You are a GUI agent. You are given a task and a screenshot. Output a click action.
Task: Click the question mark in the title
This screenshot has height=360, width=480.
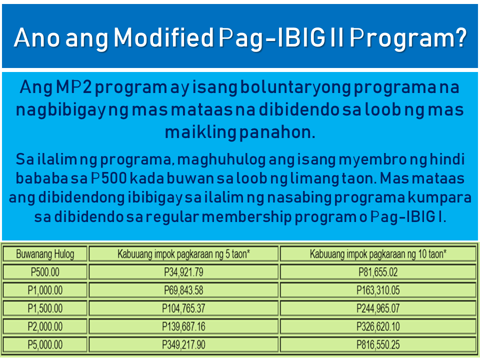(458, 38)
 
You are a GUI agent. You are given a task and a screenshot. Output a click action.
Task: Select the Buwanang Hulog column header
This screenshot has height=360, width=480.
(45, 254)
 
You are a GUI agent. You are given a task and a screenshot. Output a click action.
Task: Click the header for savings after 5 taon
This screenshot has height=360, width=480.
(183, 254)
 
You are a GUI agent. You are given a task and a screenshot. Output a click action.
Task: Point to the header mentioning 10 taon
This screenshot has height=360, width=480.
(378, 254)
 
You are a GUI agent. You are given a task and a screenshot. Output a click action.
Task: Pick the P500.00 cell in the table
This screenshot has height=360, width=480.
(45, 272)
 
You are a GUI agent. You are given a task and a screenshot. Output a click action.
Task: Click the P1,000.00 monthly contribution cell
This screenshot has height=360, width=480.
(45, 290)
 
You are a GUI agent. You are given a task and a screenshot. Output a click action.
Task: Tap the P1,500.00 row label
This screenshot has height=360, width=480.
(45, 308)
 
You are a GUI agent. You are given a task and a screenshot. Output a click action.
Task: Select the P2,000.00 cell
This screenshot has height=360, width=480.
(45, 326)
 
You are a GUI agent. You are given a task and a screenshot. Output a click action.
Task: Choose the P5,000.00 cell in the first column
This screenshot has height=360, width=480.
(45, 344)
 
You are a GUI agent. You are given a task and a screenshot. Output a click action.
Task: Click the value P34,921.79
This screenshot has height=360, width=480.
(183, 272)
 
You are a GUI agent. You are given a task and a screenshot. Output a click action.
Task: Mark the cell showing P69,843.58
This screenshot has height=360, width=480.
(183, 290)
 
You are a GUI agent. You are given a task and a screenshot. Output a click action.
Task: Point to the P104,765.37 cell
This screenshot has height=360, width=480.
(183, 308)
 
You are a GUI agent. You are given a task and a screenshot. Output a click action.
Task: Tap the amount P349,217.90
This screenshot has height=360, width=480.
(183, 344)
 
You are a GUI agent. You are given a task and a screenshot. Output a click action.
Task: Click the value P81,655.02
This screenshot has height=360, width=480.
(378, 272)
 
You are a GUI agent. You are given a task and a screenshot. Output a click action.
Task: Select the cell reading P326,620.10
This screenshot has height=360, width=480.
(378, 326)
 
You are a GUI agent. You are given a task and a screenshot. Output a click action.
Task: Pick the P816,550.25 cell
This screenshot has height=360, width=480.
(378, 344)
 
